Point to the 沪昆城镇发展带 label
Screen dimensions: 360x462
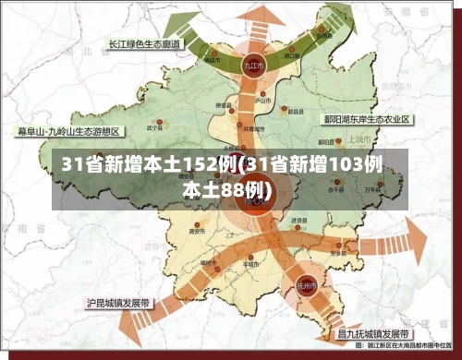tap(120, 302)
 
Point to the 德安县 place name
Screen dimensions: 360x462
tap(223, 105)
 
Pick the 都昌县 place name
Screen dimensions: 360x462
tap(296, 111)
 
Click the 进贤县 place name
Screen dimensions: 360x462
tap(299, 221)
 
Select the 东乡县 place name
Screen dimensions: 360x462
tap(337, 254)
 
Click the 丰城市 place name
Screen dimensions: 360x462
tap(248, 263)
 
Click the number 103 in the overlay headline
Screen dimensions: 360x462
tap(335, 166)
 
